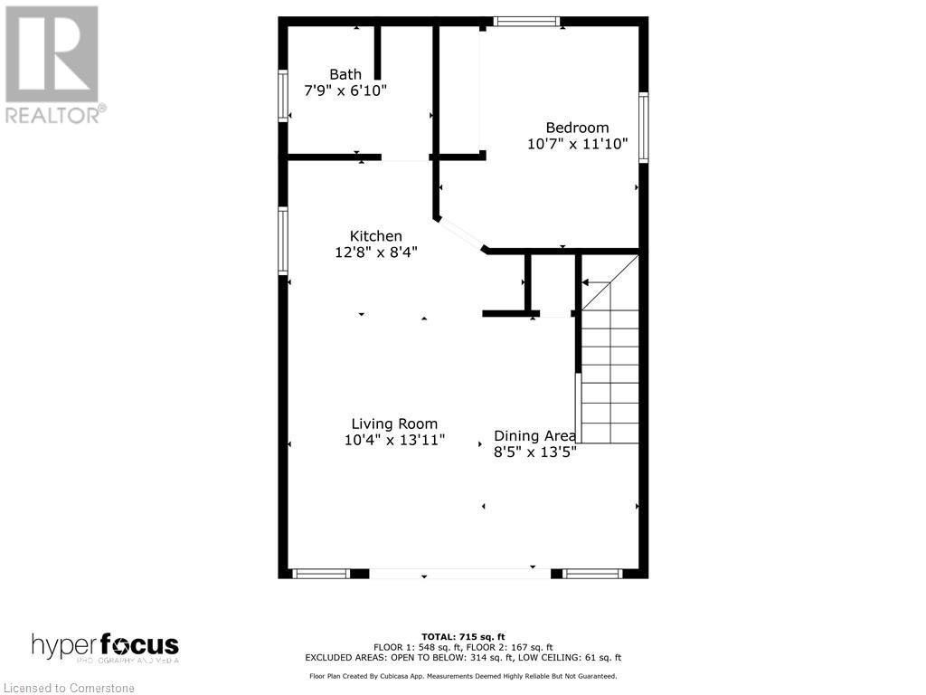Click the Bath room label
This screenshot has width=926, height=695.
tap(345, 74)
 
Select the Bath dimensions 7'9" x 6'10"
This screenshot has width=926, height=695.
tap(345, 90)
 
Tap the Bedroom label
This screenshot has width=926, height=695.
tap(577, 128)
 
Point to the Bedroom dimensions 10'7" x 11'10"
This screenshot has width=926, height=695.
tap(577, 144)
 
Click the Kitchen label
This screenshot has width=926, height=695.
tap(376, 236)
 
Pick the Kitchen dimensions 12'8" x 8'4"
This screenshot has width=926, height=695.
tap(376, 252)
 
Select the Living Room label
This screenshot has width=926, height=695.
tap(394, 424)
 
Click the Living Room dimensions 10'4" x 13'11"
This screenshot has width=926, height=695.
tap(394, 441)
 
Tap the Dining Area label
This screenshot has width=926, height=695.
tap(534, 435)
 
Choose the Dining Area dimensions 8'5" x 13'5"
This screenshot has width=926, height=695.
tap(534, 452)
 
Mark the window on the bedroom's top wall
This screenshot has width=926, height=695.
tap(526, 22)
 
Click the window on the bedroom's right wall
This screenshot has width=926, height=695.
tap(643, 128)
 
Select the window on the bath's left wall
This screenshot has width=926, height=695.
tap(283, 96)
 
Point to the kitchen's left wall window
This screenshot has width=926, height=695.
tap(283, 241)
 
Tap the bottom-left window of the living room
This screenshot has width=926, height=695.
tap(321, 573)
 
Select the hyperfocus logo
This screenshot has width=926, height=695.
tap(105, 647)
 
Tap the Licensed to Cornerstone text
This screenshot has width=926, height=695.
tap(68, 686)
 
